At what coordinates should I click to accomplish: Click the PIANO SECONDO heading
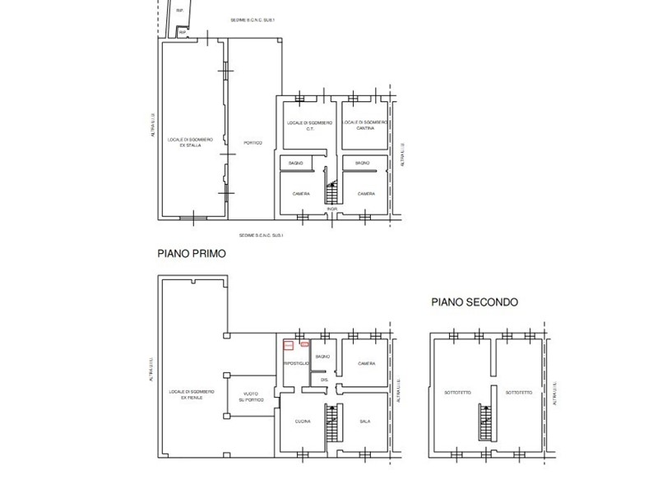pyautogui.click(x=475, y=302)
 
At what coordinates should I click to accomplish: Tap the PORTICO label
pyautogui.click(x=253, y=143)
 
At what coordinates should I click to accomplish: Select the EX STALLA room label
pyautogui.click(x=192, y=146)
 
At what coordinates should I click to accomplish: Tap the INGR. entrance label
pyautogui.click(x=332, y=209)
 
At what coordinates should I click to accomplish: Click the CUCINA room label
pyautogui.click(x=303, y=422)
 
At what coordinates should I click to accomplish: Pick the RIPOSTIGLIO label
pyautogui.click(x=296, y=362)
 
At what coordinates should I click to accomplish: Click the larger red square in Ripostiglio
pyautogui.click(x=289, y=345)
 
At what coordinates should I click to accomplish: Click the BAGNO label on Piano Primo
pyautogui.click(x=322, y=357)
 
